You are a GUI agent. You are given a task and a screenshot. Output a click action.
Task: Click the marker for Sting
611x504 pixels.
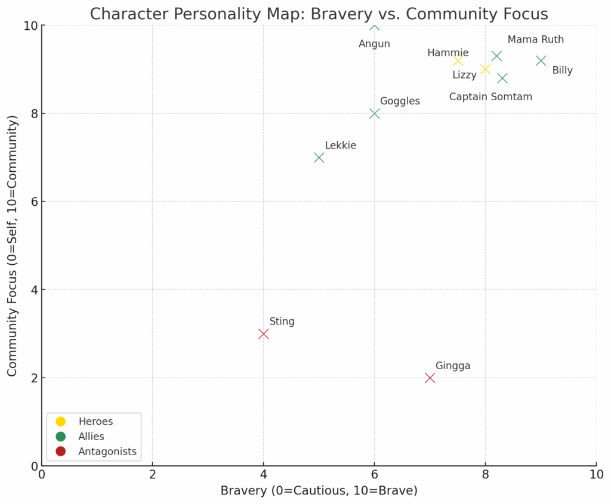tap(263, 334)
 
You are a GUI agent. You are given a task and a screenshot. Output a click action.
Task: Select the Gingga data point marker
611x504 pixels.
tap(430, 378)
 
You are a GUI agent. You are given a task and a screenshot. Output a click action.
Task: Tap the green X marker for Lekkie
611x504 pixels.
tap(319, 157)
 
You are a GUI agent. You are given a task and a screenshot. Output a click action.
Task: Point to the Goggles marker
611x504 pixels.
tap(374, 113)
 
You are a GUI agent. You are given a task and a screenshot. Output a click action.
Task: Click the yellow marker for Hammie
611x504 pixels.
tap(458, 60)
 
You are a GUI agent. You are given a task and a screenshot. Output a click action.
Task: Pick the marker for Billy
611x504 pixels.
tap(541, 60)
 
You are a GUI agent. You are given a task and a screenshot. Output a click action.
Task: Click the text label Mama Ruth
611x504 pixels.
tap(535, 40)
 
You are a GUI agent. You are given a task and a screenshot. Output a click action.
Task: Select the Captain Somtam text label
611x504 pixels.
tap(490, 97)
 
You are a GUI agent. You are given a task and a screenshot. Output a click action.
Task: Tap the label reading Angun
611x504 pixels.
tap(374, 44)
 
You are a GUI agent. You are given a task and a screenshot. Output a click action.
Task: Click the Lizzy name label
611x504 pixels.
tap(464, 75)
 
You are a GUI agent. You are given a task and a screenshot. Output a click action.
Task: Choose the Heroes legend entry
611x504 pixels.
tap(95, 422)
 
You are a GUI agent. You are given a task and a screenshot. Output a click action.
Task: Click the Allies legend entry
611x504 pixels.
tap(91, 437)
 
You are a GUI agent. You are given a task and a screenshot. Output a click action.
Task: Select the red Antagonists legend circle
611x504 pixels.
tap(60, 452)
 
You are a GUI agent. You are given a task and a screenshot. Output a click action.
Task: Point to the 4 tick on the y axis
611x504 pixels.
tap(33, 290)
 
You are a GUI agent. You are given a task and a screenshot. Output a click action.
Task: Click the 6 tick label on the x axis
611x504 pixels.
tap(374, 475)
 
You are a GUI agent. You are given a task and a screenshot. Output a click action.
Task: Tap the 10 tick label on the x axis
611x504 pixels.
tap(595, 475)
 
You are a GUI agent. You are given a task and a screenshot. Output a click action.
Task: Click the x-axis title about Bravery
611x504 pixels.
tap(319, 491)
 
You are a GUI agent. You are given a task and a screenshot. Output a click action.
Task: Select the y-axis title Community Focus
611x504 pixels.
tap(13, 246)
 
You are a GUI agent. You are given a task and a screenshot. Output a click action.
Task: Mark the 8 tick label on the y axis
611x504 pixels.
tap(33, 113)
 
